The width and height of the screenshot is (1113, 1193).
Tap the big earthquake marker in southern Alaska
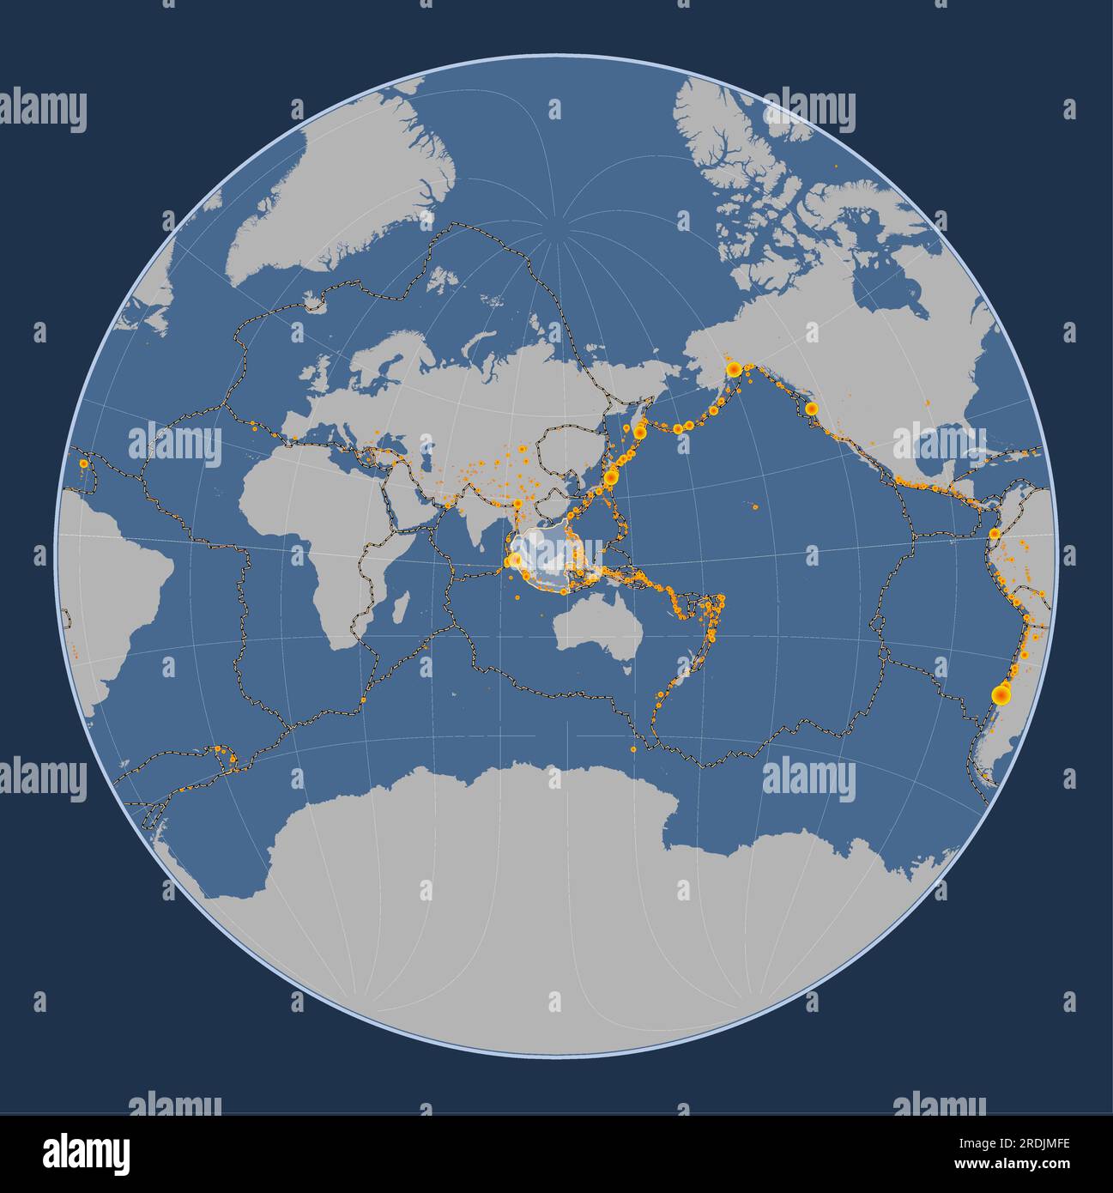[734, 369]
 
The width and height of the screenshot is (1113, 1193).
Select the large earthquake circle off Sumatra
[514, 562]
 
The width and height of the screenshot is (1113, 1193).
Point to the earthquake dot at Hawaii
[754, 506]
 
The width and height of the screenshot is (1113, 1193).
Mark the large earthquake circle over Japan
[611, 476]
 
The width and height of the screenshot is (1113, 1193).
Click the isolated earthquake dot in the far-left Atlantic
[82, 463]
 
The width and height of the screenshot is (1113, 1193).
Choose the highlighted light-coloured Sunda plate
[541, 558]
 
